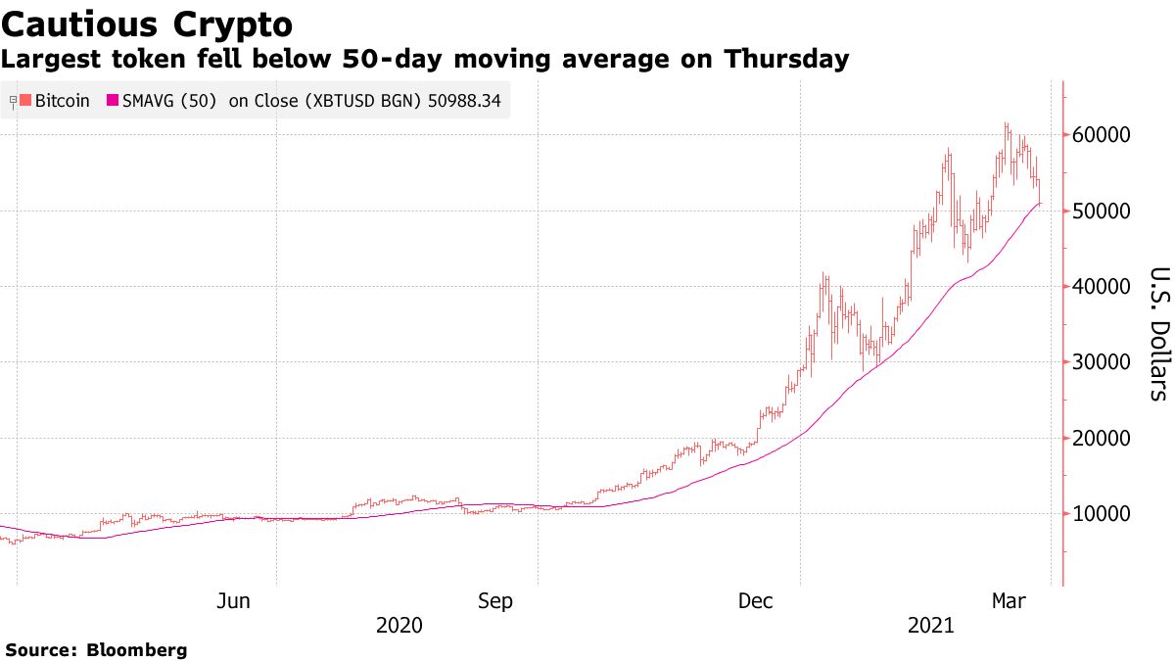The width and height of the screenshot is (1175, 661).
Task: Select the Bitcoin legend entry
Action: [62, 100]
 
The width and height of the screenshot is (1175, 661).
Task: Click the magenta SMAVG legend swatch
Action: [113, 100]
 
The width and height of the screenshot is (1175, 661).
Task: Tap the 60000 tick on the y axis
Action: [1105, 135]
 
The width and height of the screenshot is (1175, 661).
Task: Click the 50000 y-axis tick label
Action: [1105, 211]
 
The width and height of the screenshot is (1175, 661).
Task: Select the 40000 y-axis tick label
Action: [1105, 286]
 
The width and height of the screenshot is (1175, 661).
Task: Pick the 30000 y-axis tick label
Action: [1105, 362]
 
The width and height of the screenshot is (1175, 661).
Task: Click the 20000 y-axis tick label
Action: [1105, 438]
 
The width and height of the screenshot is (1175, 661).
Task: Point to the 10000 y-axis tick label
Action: [1105, 513]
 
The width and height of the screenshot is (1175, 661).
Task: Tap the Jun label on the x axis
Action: [233, 601]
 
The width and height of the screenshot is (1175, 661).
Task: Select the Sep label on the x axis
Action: [494, 601]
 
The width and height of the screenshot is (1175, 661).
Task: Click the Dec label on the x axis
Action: [757, 601]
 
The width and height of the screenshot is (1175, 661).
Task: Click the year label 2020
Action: [399, 625]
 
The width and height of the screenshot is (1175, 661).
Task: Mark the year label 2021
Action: [931, 625]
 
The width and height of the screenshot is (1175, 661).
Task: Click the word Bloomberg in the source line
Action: [137, 649]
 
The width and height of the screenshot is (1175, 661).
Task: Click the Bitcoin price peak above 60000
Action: [1006, 124]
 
